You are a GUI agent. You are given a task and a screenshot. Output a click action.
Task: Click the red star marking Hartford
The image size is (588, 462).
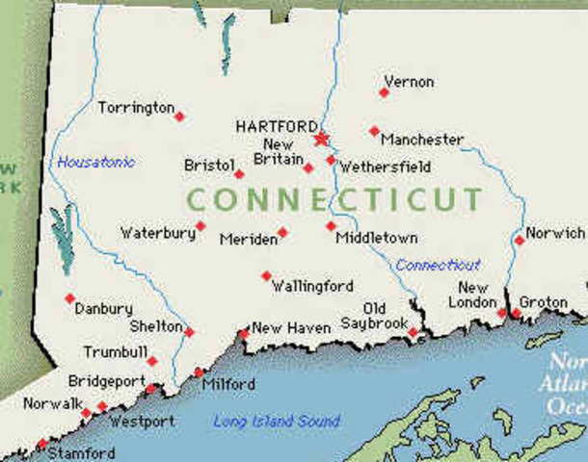(x=321, y=139)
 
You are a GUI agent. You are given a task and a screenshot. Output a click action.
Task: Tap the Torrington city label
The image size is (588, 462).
(x=136, y=108)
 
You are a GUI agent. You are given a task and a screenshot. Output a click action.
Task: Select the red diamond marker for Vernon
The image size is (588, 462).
(x=384, y=92)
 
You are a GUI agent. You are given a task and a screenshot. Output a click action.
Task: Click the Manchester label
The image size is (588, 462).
(x=421, y=140)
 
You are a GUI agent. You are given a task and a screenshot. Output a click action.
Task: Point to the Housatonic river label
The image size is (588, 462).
(x=96, y=162)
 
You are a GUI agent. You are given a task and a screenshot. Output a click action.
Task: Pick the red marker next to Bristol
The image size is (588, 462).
(x=239, y=174)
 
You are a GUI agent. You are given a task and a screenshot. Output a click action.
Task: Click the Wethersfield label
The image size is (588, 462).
(x=384, y=166)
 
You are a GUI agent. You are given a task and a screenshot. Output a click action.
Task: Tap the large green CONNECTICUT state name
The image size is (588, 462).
(x=334, y=200)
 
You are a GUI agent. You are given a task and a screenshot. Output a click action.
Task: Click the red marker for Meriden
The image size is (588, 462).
(x=282, y=232)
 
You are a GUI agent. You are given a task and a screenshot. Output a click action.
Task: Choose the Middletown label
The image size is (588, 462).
(x=377, y=238)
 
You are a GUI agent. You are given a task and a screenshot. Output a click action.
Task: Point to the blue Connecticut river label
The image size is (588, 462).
(x=438, y=265)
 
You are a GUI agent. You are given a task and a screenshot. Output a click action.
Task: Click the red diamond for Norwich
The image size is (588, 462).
(x=520, y=240)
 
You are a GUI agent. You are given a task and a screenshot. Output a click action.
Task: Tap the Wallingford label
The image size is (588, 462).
(x=312, y=286)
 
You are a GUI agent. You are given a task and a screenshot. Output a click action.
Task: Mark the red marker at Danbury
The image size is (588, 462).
(x=69, y=298)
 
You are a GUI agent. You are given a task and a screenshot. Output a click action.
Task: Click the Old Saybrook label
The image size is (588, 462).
(x=375, y=317)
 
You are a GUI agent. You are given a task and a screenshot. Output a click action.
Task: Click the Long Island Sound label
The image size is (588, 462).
(x=276, y=421)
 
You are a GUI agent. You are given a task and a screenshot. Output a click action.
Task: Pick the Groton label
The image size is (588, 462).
(x=544, y=302)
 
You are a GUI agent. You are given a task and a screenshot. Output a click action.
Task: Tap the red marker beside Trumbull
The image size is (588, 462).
(x=152, y=361)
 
